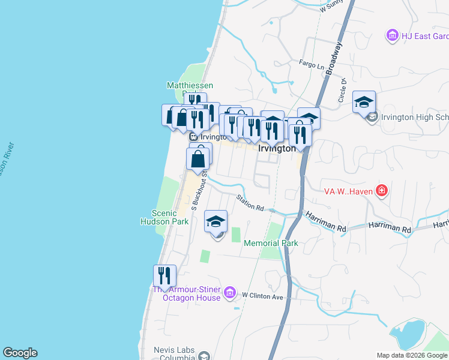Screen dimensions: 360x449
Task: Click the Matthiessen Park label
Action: coord(190,86)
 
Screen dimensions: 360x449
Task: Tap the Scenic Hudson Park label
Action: coord(172,217)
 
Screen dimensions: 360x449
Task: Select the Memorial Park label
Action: coord(271,243)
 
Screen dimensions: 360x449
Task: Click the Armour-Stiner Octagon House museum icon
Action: coord(229,293)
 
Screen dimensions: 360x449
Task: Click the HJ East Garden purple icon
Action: coord(393,36)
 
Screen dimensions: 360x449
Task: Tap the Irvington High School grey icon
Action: coord(372,117)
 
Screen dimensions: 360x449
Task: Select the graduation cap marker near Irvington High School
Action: coord(364,102)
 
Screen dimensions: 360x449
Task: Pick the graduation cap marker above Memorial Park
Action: coord(215,221)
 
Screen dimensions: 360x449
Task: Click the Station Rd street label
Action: coord(250,203)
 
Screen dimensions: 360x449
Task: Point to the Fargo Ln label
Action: coord(312,64)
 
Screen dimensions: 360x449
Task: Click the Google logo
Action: coord(20,353)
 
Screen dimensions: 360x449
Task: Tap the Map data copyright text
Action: coord(412,355)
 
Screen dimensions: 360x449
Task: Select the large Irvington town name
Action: coord(276,149)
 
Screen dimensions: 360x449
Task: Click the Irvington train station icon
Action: coord(186,136)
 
